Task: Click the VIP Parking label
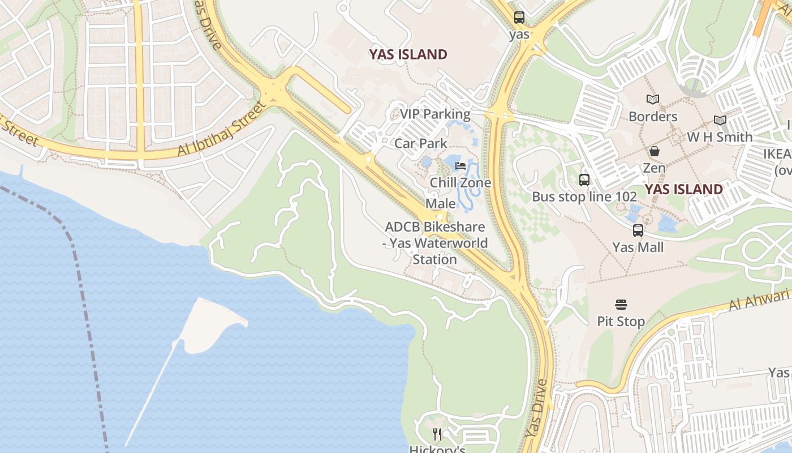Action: (435, 114)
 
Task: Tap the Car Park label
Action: (421, 143)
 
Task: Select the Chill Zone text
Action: (460, 183)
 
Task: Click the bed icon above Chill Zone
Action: (460, 166)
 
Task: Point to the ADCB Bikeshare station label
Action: (435, 243)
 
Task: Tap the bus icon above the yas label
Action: (519, 18)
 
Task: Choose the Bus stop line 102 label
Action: (584, 196)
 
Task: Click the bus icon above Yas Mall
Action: (638, 230)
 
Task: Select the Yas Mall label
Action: (638, 247)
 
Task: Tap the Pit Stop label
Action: (621, 321)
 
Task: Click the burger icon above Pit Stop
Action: (621, 305)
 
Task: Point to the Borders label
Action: (653, 116)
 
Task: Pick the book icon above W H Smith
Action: (720, 120)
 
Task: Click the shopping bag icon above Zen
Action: (655, 151)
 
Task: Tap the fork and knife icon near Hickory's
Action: (437, 434)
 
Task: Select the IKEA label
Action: (778, 154)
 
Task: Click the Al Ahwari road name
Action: (759, 300)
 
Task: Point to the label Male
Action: (441, 203)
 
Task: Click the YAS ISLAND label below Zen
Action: (684, 189)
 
